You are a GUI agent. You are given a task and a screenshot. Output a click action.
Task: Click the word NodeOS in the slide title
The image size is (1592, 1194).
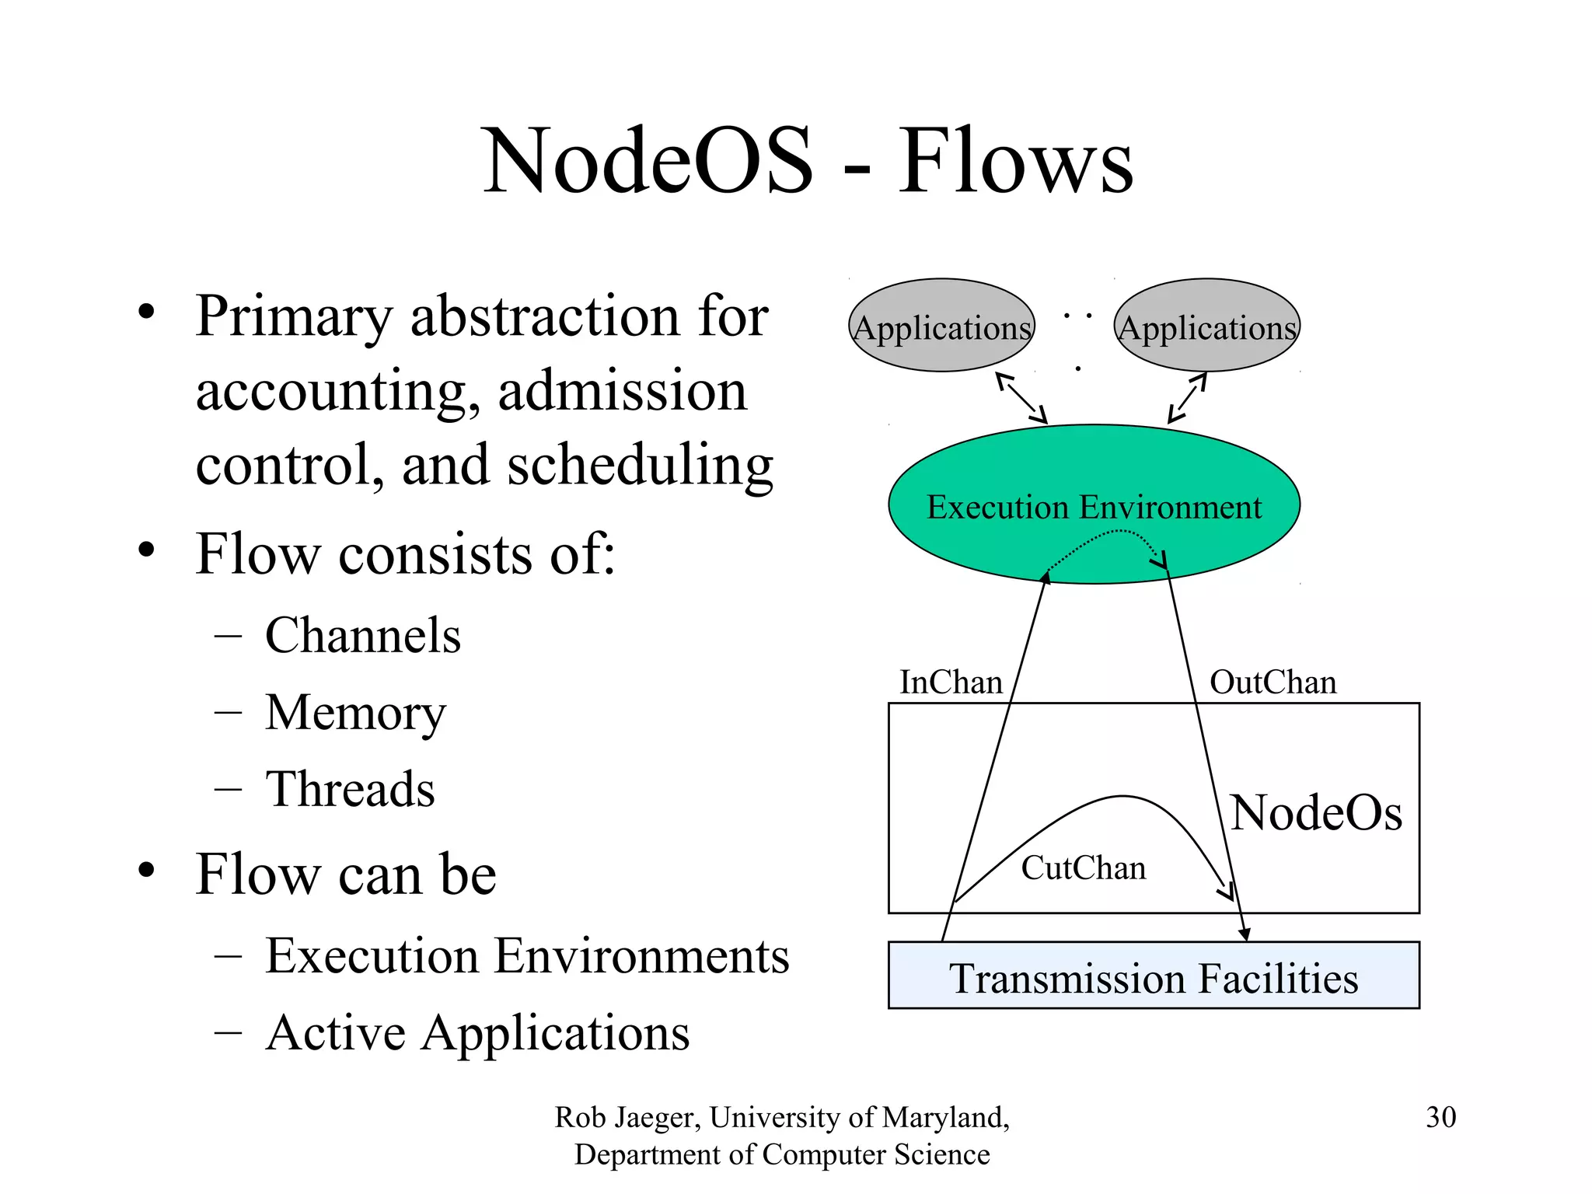point(648,161)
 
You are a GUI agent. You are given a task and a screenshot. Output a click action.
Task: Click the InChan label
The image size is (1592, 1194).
point(951,683)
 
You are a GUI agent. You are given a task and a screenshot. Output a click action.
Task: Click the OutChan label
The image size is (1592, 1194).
point(1273,683)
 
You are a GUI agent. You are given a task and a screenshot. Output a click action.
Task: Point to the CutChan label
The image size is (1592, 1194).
point(1083,868)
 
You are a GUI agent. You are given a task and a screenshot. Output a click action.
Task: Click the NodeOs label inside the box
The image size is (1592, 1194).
point(1316,813)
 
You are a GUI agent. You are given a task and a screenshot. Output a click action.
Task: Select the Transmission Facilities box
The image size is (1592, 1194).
point(1154,976)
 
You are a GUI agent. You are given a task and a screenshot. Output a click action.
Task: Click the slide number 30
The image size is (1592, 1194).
point(1440,1117)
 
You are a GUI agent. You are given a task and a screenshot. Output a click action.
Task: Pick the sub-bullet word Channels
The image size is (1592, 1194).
point(363,636)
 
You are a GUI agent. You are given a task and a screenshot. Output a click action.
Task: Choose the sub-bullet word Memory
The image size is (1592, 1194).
point(355,713)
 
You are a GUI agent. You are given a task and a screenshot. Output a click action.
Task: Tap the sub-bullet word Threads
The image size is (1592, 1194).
point(350,790)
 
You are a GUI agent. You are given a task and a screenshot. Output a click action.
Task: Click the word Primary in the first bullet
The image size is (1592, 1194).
point(295,317)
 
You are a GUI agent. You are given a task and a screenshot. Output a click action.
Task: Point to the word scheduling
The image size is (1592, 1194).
point(640,466)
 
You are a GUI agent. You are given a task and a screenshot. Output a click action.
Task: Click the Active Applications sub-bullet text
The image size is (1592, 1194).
point(477,1033)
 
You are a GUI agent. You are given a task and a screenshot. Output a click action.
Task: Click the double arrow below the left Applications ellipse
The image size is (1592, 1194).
point(1021,398)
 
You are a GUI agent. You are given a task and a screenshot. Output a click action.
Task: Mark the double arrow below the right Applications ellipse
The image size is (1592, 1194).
point(1188,398)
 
